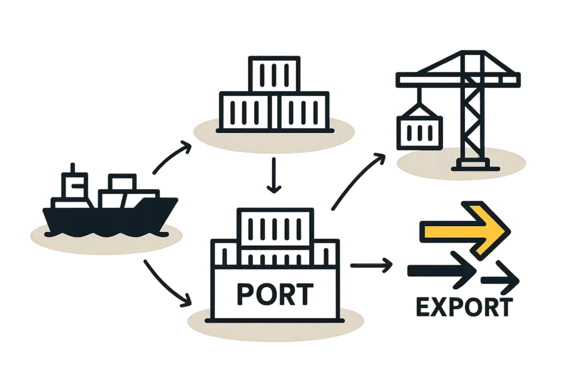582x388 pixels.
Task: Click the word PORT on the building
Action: pyautogui.click(x=274, y=294)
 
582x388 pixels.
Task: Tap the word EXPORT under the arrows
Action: pyautogui.click(x=464, y=307)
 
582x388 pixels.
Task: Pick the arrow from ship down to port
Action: pyautogui.click(x=167, y=284)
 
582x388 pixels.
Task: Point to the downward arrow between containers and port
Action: pyautogui.click(x=275, y=176)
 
